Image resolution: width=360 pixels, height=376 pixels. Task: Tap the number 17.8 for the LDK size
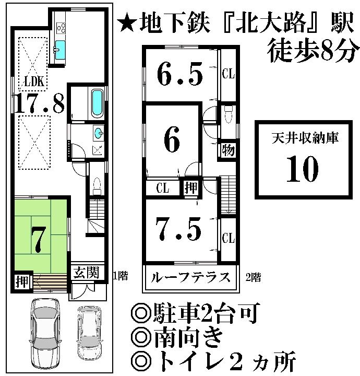pos(39,104)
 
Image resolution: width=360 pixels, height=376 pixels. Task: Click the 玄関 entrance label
pos(85,273)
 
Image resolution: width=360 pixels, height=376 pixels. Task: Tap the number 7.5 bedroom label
pos(179,228)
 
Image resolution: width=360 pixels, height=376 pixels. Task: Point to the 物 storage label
pos(227,150)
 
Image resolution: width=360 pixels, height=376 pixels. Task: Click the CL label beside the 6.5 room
pos(228,74)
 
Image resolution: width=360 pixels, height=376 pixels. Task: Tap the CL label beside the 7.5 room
pos(228,239)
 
